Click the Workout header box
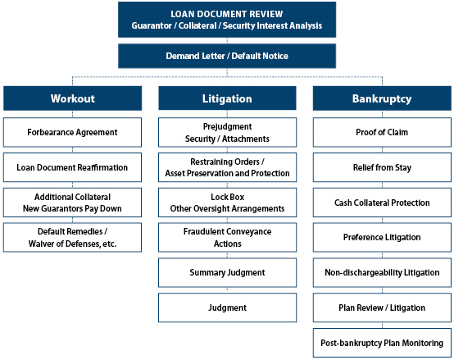pos(72,98)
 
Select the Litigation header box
pos(227,98)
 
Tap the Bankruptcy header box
pos(382,98)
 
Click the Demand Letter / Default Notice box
pos(227,56)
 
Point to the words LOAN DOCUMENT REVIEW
pos(227,14)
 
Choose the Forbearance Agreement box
pos(72,132)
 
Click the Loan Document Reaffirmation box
pos(72,167)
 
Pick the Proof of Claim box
pos(382,132)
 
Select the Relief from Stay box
pos(382,167)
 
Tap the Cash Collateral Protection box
pos(382,203)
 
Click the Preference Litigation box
pos(382,237)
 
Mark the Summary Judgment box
pos(227,272)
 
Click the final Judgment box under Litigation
pos(227,308)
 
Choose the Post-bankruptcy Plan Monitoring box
pos(382,343)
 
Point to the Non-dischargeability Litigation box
pos(382,272)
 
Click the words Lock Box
pos(227,197)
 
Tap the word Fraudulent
pos(204,231)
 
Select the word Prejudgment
pos(227,126)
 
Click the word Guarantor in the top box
pos(152,25)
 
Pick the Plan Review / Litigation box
pos(382,308)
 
